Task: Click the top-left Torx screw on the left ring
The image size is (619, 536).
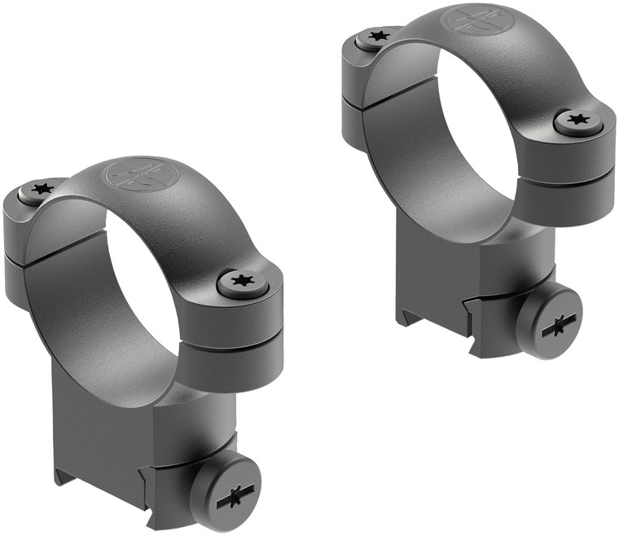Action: [37, 189]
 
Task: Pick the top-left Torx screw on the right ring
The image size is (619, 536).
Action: [377, 37]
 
